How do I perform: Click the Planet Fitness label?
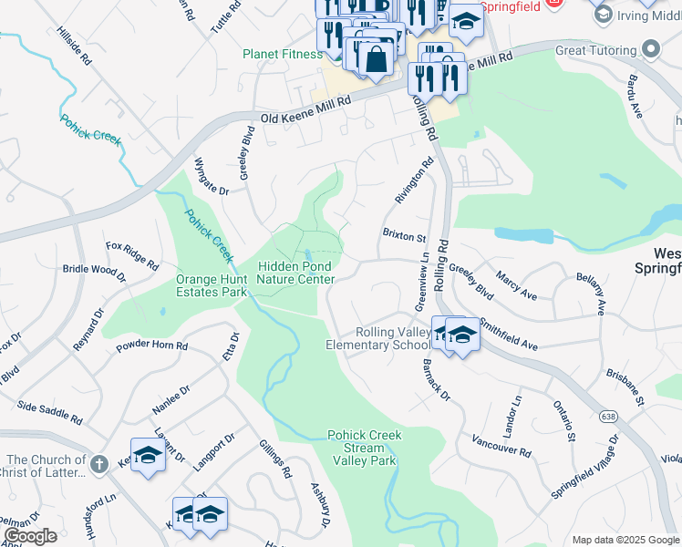click(283, 54)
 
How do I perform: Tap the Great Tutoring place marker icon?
click(650, 49)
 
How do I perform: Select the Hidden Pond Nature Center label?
click(295, 273)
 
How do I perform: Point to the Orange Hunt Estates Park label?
click(212, 285)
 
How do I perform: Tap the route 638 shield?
click(607, 416)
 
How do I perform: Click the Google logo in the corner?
click(30, 536)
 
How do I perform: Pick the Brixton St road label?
click(404, 236)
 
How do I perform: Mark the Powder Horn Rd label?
click(152, 346)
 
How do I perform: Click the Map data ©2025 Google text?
click(625, 540)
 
